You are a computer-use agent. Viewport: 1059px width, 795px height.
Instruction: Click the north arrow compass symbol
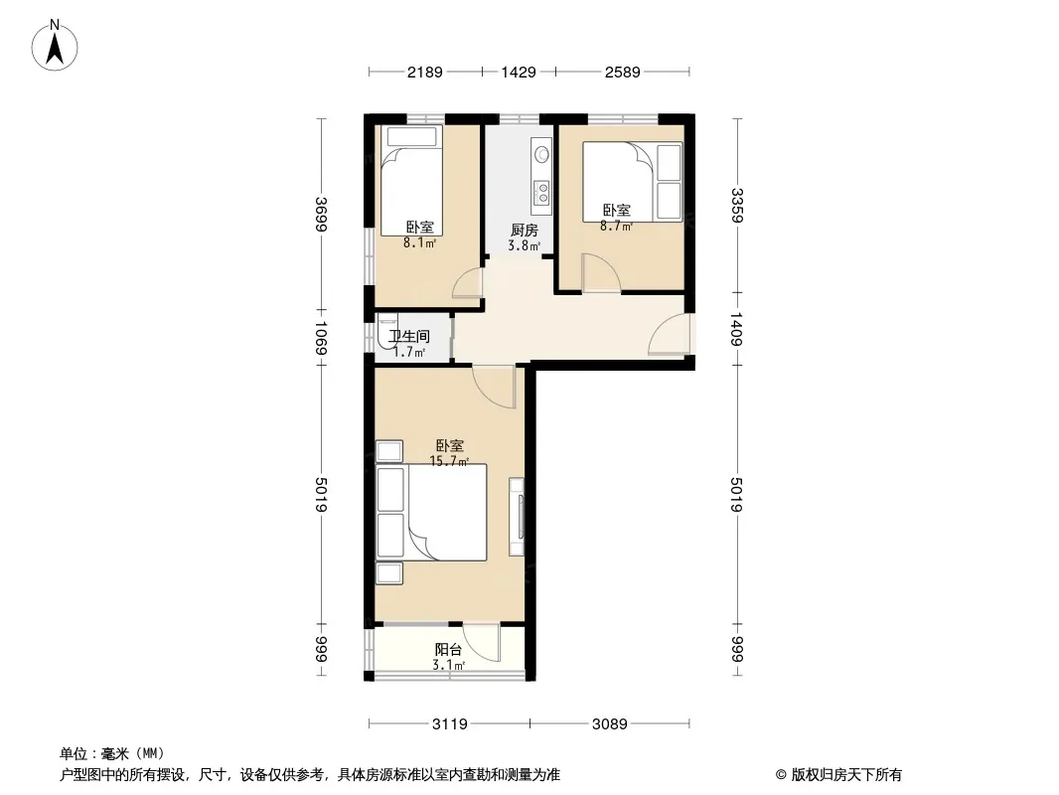tap(55, 46)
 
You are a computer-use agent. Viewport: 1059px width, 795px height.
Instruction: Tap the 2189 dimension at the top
tap(425, 72)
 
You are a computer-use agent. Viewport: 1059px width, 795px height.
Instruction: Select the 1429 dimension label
tap(519, 72)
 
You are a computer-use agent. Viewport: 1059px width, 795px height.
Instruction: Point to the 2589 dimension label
tap(622, 72)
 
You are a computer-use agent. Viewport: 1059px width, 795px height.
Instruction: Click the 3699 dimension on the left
tap(321, 214)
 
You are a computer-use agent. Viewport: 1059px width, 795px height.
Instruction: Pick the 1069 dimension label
tap(321, 339)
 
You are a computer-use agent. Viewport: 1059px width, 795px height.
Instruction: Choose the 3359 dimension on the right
tap(737, 206)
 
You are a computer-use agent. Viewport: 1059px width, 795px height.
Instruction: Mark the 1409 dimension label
tap(737, 329)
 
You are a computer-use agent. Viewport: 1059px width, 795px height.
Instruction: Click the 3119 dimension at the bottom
tap(450, 724)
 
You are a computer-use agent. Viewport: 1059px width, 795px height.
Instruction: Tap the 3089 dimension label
tap(610, 724)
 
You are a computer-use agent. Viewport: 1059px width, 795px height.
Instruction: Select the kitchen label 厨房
tap(525, 231)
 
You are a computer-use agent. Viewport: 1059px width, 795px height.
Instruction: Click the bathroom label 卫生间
tap(409, 336)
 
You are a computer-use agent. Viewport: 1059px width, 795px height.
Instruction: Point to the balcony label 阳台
tap(448, 650)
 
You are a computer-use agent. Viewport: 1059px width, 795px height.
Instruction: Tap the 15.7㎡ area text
tap(449, 461)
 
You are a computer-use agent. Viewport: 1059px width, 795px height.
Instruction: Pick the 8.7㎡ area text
tap(616, 227)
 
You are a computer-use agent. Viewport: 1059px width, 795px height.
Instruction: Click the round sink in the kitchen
tap(541, 155)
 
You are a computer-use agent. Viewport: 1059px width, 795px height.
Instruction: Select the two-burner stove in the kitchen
tap(541, 193)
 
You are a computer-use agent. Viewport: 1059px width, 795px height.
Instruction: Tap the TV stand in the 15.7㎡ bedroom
tap(517, 517)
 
